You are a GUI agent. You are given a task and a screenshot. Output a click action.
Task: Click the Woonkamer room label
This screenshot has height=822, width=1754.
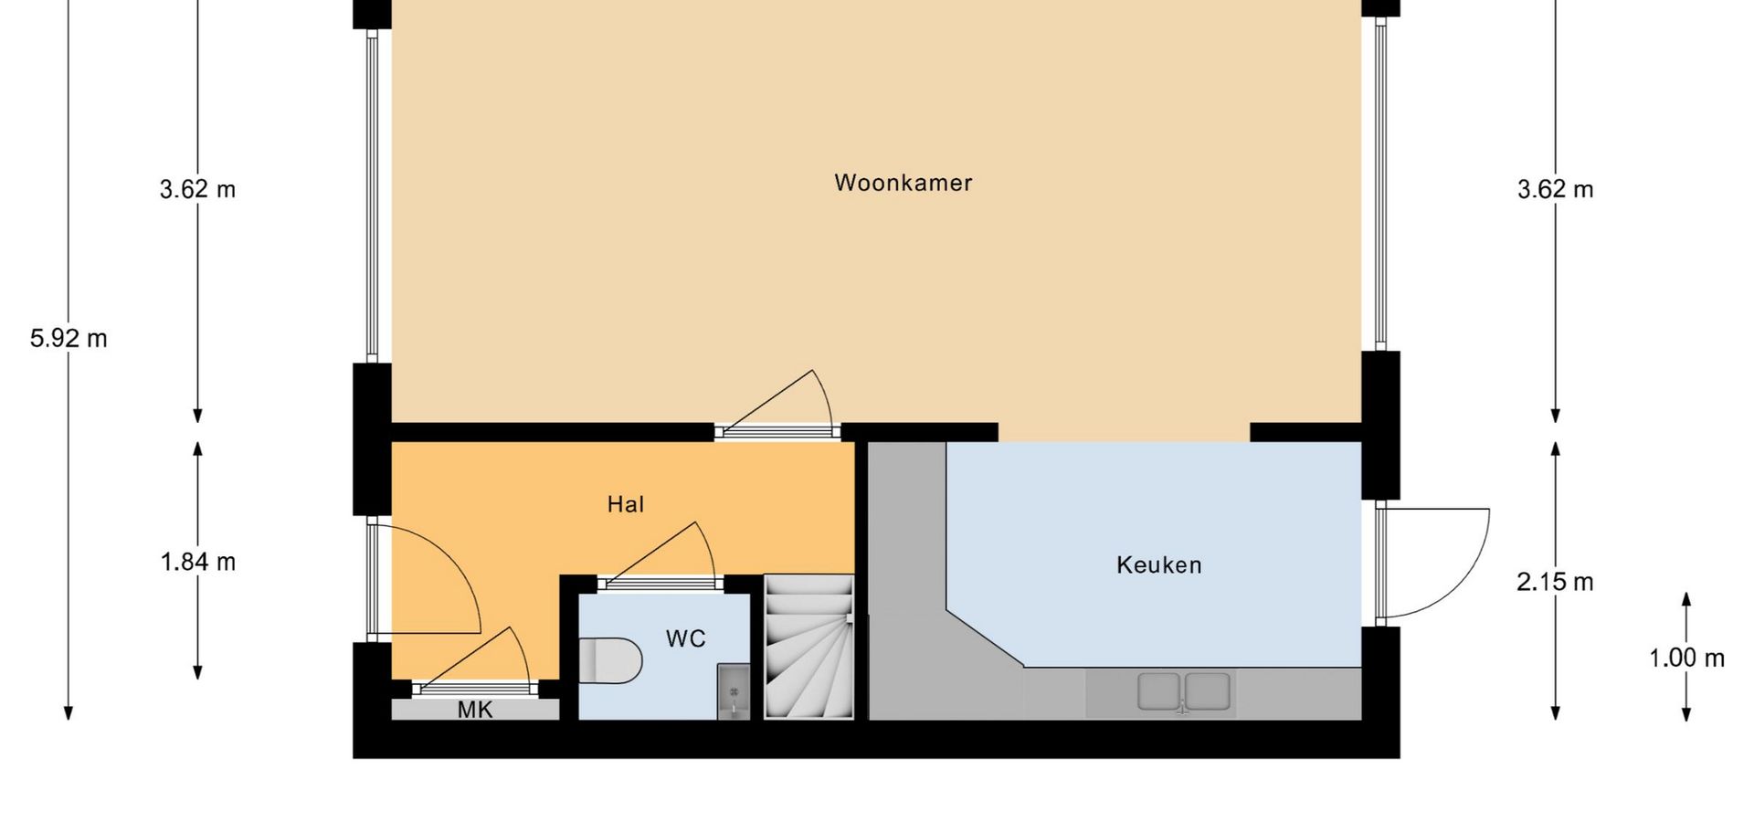[x=903, y=183]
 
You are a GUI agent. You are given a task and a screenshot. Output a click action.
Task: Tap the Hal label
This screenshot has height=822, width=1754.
[x=626, y=504]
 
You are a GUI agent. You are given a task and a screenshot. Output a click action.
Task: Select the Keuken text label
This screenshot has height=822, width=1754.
[x=1158, y=564]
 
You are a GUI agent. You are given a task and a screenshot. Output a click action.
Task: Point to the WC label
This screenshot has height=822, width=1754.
[x=685, y=638]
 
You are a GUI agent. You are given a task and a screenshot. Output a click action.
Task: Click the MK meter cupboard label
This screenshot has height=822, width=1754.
[x=475, y=710]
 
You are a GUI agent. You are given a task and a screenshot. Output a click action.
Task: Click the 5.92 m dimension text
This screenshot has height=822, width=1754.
[x=69, y=339]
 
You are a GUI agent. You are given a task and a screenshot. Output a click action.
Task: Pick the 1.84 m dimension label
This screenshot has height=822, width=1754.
[x=198, y=562]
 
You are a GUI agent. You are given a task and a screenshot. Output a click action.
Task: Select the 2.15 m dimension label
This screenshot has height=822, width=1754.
[x=1555, y=582]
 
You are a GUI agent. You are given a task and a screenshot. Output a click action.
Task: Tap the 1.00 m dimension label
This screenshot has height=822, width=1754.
[x=1686, y=658]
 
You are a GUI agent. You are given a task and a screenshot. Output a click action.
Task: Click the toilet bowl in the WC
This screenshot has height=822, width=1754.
[x=610, y=660]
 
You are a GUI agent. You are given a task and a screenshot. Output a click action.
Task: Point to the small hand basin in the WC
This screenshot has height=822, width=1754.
[x=733, y=691]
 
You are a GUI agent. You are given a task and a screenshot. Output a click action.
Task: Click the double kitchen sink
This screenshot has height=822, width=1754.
[x=1183, y=691]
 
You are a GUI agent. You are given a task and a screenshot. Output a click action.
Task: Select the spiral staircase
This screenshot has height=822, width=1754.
[x=808, y=647]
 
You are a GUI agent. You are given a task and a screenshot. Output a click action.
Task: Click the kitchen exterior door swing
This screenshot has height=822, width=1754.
[x=1434, y=564]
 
